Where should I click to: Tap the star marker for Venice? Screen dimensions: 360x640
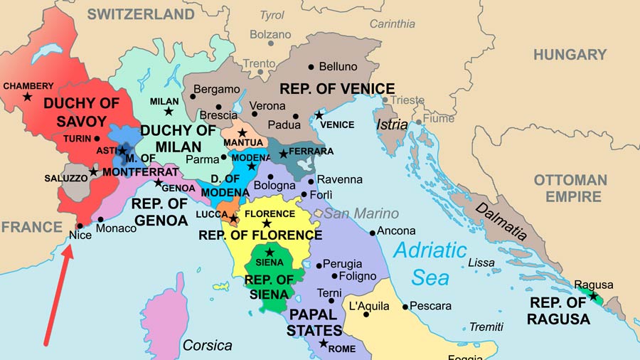[x=319, y=115]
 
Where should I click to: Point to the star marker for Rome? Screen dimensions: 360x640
[x=324, y=344]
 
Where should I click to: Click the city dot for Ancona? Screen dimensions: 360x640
[x=373, y=233]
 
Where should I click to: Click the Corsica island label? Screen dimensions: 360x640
[x=208, y=345]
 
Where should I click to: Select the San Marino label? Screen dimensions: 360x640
[x=362, y=213]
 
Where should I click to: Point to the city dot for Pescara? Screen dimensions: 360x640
[x=405, y=307]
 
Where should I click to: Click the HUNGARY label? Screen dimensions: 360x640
[x=570, y=55]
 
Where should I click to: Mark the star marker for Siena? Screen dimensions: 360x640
[x=270, y=252]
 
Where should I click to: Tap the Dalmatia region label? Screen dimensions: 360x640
[x=502, y=222]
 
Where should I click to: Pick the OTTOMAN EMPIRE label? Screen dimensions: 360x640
[x=570, y=188]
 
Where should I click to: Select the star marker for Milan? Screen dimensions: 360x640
[x=169, y=111]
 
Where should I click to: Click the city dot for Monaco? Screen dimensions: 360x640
[x=101, y=219]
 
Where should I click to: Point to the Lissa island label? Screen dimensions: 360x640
[x=481, y=263]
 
